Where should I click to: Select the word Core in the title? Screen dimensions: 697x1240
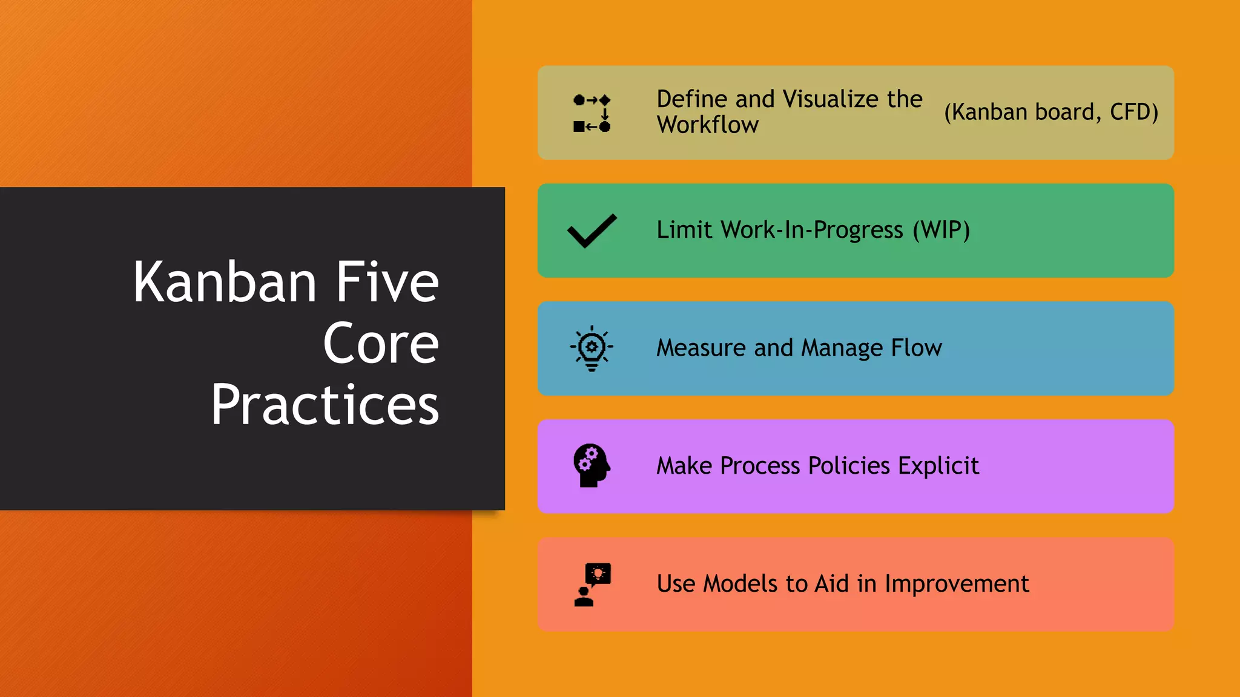(x=380, y=344)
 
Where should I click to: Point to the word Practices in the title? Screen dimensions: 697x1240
(x=325, y=405)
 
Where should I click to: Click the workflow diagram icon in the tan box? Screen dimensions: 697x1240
(x=592, y=113)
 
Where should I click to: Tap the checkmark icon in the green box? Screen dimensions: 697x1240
(x=592, y=231)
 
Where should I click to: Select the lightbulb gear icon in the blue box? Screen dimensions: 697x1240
(x=592, y=348)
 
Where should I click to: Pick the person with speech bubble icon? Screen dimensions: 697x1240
(x=592, y=584)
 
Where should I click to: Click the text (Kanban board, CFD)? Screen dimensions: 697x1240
(x=1050, y=113)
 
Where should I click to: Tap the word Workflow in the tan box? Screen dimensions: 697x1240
(x=707, y=125)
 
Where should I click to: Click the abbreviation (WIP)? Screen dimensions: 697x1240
(x=941, y=230)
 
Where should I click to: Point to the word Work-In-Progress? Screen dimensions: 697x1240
(x=811, y=231)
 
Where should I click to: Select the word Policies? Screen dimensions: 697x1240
(x=849, y=466)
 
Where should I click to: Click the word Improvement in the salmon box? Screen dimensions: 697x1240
(x=957, y=584)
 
